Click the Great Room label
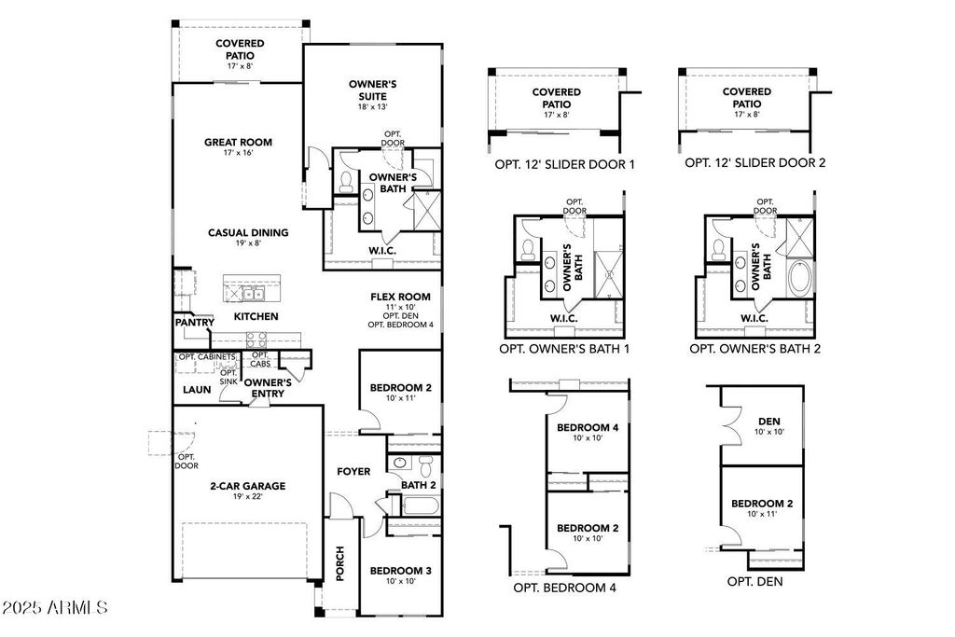tap(238, 143)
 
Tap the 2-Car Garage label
tap(246, 486)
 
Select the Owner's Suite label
tap(372, 90)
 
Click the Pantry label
tap(194, 323)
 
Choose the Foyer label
tap(353, 472)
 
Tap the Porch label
tap(339, 563)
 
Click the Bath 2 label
tap(419, 485)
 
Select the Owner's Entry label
tap(269, 388)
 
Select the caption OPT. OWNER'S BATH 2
tap(754, 348)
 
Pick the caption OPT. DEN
tap(754, 581)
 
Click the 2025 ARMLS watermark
tap(54, 608)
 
